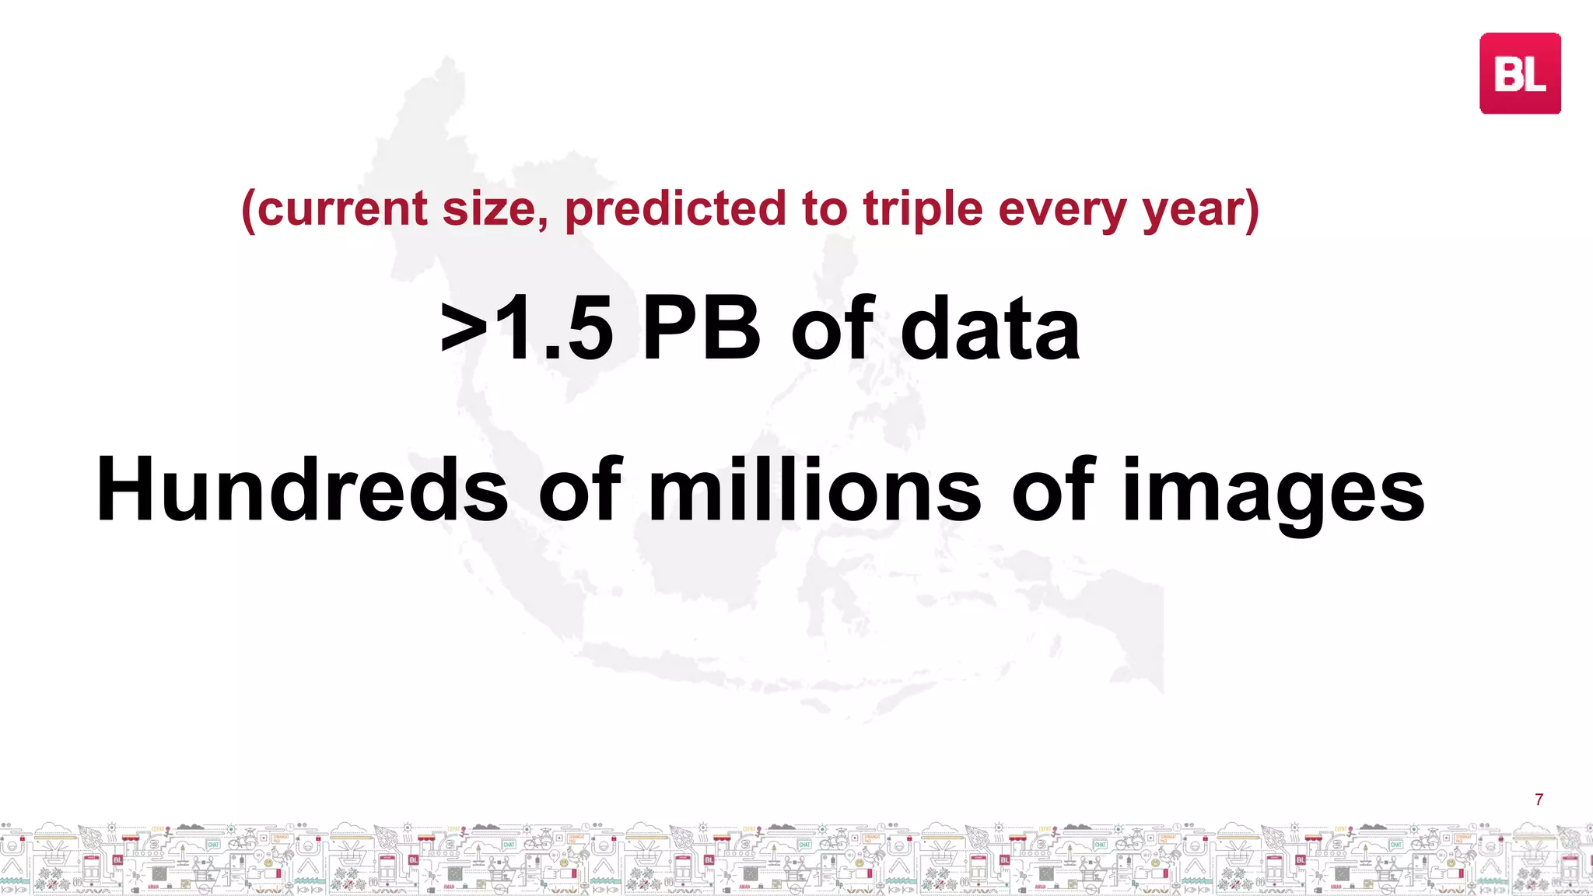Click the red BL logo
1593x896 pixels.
pyautogui.click(x=1520, y=74)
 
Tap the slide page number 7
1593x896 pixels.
pyautogui.click(x=1539, y=800)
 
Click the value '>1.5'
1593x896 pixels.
pyautogui.click(x=527, y=330)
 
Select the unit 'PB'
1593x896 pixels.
pyautogui.click(x=701, y=330)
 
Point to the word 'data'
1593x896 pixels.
pyautogui.click(x=990, y=330)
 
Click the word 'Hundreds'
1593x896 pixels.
pyautogui.click(x=302, y=490)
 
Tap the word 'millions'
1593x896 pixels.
pyautogui.click(x=814, y=490)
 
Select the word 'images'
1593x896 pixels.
pyautogui.click(x=1273, y=490)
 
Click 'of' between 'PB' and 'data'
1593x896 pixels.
pyautogui.click(x=832, y=330)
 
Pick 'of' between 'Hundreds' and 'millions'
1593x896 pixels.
pyautogui.click(x=579, y=490)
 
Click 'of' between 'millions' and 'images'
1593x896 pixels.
pyautogui.click(x=1052, y=490)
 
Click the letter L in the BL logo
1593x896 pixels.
pyautogui.click(x=1535, y=75)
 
